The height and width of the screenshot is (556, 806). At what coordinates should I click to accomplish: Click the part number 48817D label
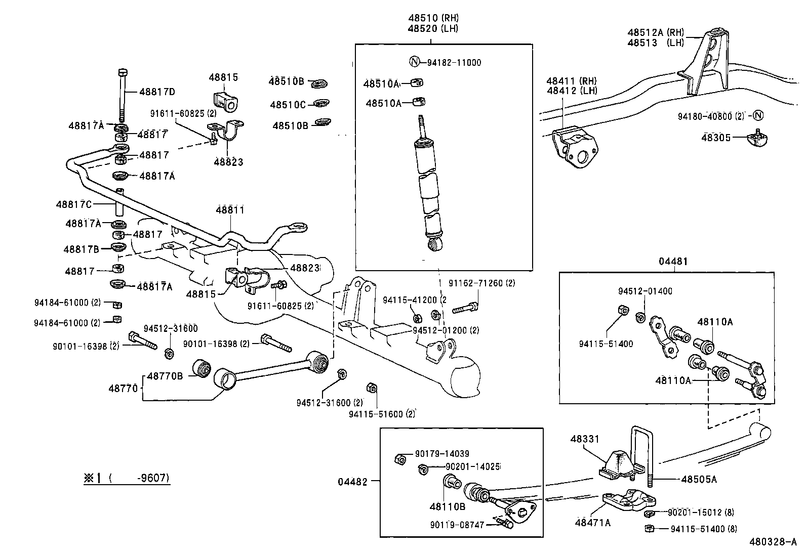point(157,92)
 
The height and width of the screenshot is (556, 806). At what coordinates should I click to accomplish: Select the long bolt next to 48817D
point(122,96)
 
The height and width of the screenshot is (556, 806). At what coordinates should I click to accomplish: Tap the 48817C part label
point(74,204)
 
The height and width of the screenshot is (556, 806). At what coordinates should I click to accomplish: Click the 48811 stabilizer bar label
point(230,209)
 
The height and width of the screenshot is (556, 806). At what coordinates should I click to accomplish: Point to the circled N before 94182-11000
point(414,62)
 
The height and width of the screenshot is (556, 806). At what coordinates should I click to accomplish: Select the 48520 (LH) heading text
point(432,29)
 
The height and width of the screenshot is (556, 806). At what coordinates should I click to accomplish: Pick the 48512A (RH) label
point(656,32)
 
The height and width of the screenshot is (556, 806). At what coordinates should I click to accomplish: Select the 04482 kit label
point(352,482)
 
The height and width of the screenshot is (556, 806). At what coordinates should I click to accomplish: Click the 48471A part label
point(592,523)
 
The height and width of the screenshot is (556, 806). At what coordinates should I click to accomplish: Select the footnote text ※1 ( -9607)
point(127,478)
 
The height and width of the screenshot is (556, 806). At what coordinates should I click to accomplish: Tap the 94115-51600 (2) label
point(382,414)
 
